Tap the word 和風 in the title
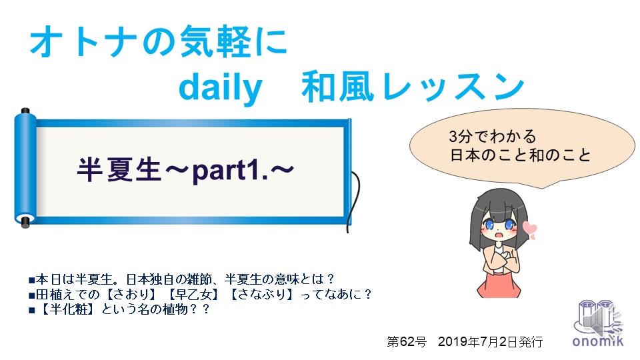[x=338, y=87]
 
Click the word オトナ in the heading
[x=84, y=41]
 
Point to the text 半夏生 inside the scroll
[x=119, y=170]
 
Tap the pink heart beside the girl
[x=530, y=230]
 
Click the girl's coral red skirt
[x=499, y=284]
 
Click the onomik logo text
[x=598, y=341]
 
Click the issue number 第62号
[x=407, y=341]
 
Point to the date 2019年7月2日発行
[x=490, y=341]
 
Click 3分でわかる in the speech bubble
[x=492, y=136]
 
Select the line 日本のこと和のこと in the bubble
[x=521, y=155]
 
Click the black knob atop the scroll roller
[x=25, y=111]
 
